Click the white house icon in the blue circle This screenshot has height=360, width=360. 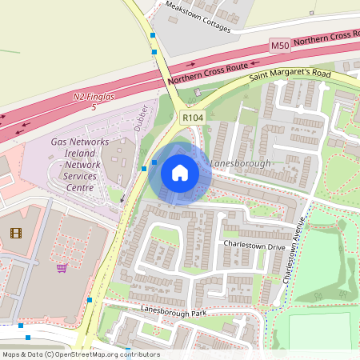(x=180, y=172)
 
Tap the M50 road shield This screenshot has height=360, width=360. (x=279, y=46)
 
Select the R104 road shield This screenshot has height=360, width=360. (x=192, y=118)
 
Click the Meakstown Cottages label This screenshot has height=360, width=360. (x=198, y=17)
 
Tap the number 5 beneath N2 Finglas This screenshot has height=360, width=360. (x=94, y=106)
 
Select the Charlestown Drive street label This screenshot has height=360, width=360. (x=254, y=246)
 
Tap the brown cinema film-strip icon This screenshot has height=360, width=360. (x=15, y=233)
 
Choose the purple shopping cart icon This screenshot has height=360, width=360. (x=62, y=268)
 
